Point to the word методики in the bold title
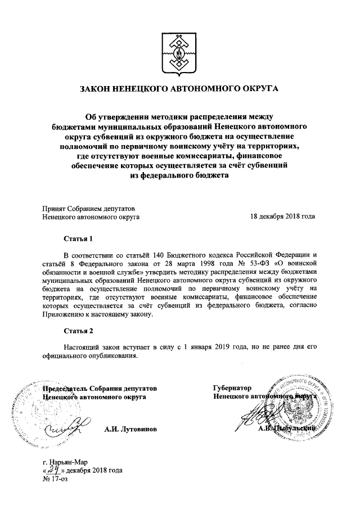[x=156, y=116]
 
